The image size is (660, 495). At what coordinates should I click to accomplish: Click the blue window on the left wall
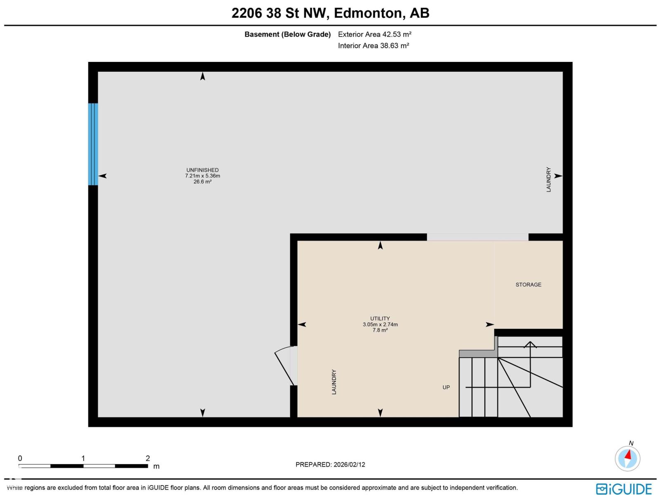tap(93, 144)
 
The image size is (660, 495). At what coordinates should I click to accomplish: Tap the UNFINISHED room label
tap(202, 170)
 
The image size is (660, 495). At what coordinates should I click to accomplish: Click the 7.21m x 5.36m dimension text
tap(202, 176)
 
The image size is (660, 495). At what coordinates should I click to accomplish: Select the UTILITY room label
tap(380, 318)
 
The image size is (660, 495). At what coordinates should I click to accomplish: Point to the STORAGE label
tap(528, 285)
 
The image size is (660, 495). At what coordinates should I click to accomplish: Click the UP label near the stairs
tap(446, 387)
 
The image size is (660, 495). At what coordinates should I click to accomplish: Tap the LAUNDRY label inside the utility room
tap(334, 382)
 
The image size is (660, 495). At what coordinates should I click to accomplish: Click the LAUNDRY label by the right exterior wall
tap(549, 179)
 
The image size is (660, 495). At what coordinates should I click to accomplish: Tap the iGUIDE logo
tap(624, 489)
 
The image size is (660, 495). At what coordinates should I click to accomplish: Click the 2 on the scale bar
tap(148, 458)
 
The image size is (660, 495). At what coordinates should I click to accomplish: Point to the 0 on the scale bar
tap(20, 458)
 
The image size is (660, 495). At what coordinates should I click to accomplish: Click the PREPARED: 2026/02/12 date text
tap(330, 464)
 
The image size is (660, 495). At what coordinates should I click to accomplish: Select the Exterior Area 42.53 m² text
tap(375, 34)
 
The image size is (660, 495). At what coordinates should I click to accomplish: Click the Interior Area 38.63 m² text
tap(373, 45)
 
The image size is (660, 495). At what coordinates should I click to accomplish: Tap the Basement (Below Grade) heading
tap(288, 34)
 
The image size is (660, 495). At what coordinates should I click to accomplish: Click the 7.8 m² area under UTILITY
tap(380, 330)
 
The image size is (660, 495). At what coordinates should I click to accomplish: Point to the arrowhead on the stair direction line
tap(530, 344)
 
